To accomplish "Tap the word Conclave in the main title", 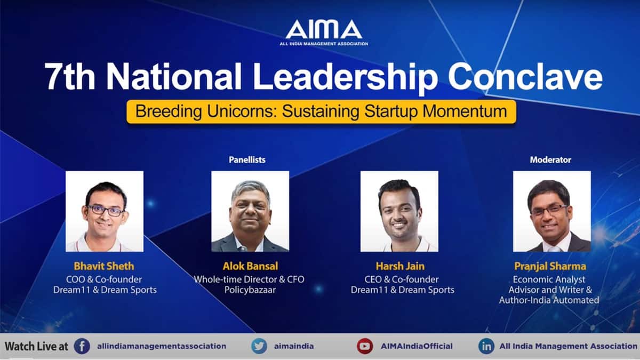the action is click(525, 76).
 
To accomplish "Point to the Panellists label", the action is click(247, 159).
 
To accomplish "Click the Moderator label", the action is click(550, 159).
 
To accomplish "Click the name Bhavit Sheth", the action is click(104, 266).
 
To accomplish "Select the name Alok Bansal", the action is click(250, 266).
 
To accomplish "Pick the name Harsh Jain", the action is click(400, 266).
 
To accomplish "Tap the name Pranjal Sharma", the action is click(550, 267).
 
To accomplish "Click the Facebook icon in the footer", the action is click(82, 346).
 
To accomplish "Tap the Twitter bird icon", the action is click(259, 346).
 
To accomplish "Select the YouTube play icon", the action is click(365, 346).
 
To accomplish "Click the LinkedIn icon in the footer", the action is click(486, 346).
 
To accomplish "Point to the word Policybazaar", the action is click(250, 290).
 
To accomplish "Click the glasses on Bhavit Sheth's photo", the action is click(106, 211).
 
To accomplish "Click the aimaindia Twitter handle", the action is click(294, 346).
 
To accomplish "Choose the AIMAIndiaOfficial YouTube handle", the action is click(417, 346).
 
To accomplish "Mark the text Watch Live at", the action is click(37, 347).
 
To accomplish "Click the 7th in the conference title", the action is click(70, 76).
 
